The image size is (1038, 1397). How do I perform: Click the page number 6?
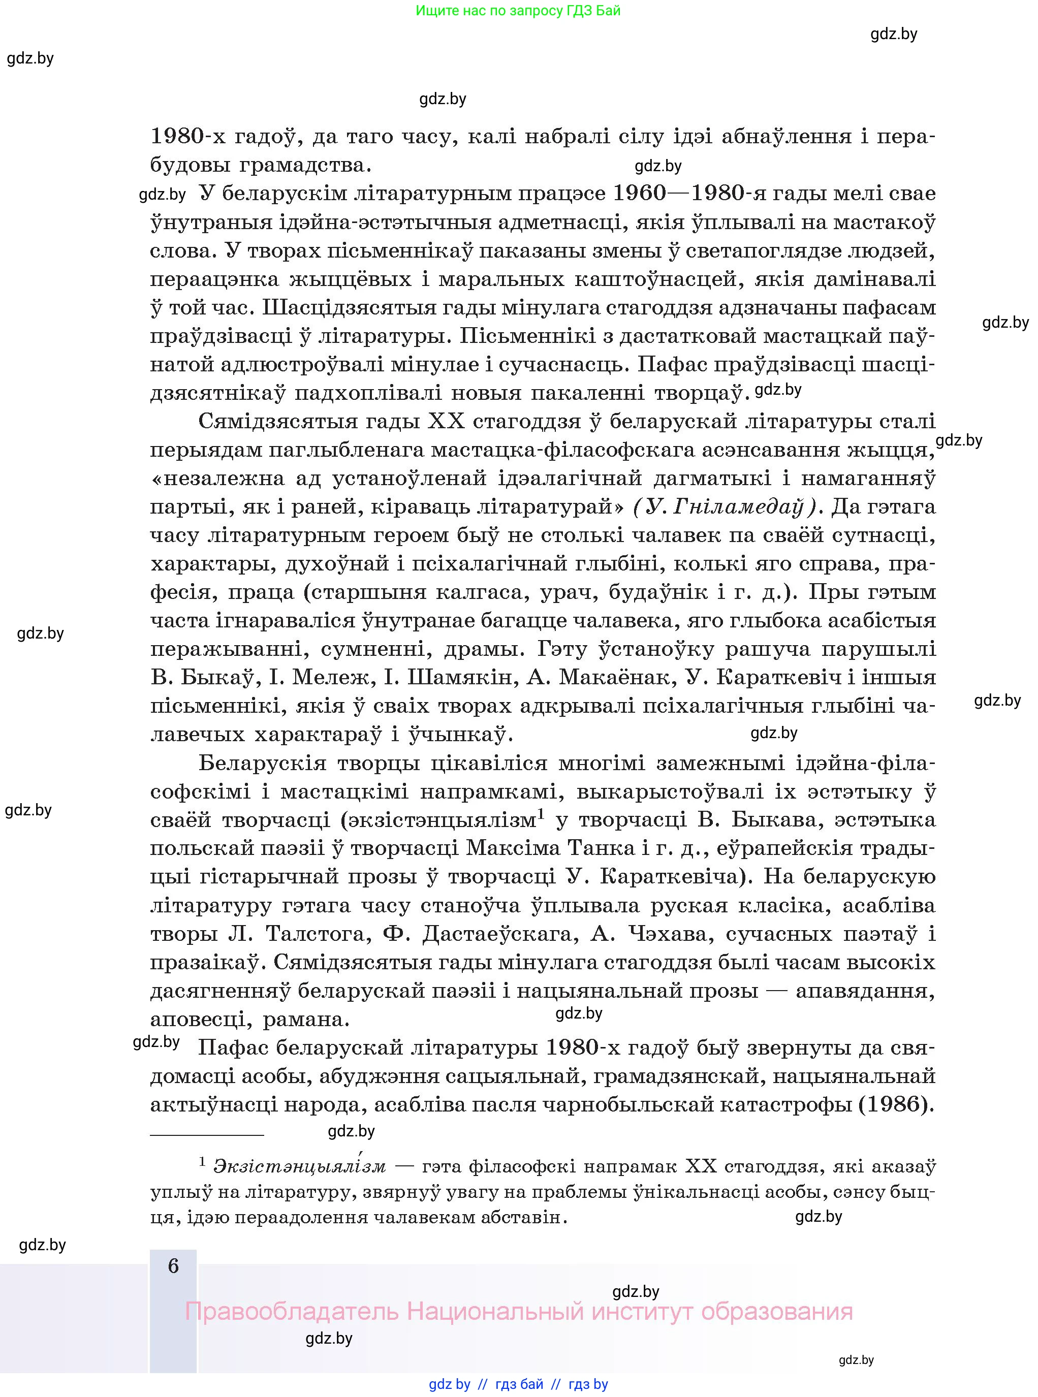click(173, 1266)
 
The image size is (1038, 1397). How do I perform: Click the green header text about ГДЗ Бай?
click(518, 11)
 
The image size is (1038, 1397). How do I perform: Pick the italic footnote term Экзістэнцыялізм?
click(300, 1166)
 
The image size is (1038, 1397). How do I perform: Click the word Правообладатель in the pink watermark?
click(292, 1312)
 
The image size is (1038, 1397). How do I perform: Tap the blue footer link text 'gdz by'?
click(449, 1384)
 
